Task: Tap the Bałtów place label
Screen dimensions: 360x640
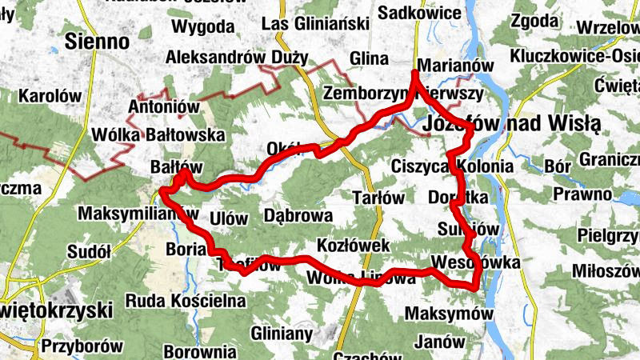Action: [x=174, y=167]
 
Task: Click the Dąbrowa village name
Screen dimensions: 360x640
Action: [x=297, y=215]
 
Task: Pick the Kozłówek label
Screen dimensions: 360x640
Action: [x=353, y=245]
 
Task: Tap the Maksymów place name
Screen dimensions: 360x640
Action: [x=449, y=314]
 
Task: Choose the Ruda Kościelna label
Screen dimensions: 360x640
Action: [x=185, y=302]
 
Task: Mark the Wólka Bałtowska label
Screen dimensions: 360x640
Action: [x=158, y=134]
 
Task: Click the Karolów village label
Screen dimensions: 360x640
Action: [x=50, y=96]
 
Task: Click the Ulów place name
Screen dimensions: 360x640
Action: [x=226, y=217]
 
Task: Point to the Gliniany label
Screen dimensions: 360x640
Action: [x=281, y=332]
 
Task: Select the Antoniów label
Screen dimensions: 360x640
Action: [x=162, y=106]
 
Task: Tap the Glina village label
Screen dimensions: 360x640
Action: [x=369, y=58]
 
